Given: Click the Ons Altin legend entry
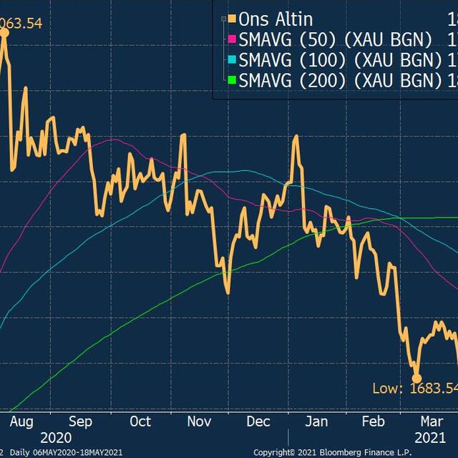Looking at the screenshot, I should pos(276,19).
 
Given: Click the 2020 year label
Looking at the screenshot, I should pos(57,437).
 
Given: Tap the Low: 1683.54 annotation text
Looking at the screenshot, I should pos(414,408).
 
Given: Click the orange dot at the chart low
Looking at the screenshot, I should pos(416,378).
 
